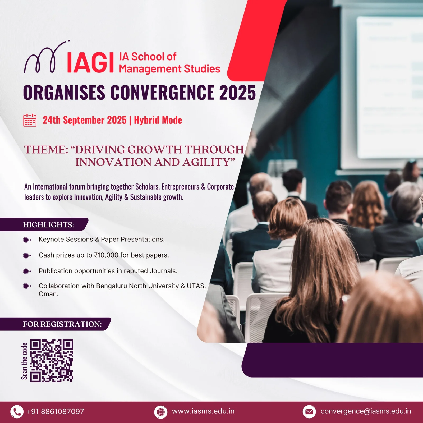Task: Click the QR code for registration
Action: coord(52,361)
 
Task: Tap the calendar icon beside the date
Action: coord(30,120)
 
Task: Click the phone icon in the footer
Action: coord(17,412)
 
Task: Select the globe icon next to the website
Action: coord(161,412)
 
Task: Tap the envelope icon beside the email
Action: coord(309,412)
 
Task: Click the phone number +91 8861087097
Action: coord(55,412)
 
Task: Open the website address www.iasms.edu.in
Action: coord(203,411)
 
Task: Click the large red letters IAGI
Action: coord(90,63)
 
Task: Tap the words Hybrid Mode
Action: coord(158,120)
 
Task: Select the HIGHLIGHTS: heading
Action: coord(49,225)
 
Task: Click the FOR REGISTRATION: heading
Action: coord(62,324)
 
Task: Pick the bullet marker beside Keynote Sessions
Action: coord(27,240)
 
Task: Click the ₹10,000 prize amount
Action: coord(106,255)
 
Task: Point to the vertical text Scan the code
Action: coord(24,361)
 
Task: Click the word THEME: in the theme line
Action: coord(46,150)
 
